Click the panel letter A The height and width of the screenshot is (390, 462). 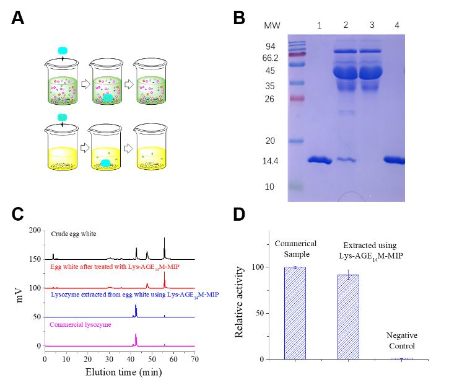(x=18, y=18)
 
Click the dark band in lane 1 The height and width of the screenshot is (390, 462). (x=320, y=161)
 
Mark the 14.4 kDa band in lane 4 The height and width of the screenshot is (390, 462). (x=394, y=160)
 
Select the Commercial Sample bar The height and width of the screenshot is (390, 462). (x=295, y=312)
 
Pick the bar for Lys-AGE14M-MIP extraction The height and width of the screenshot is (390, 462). (x=348, y=316)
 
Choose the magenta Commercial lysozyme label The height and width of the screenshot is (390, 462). (x=81, y=324)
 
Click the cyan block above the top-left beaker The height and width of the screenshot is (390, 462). (x=63, y=51)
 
